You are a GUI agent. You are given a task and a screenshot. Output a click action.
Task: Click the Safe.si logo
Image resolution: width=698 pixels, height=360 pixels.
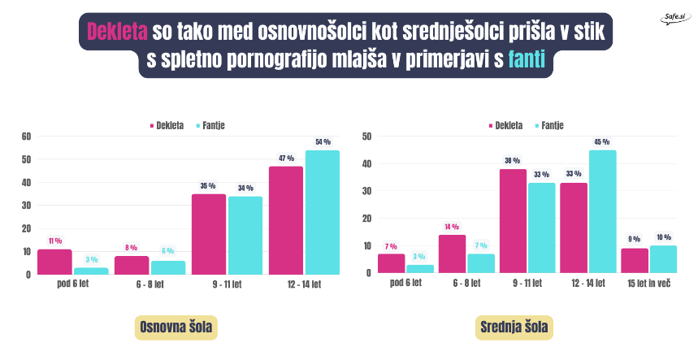click(675, 18)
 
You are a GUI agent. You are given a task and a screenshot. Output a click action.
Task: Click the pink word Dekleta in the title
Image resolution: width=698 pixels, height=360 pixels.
click(117, 32)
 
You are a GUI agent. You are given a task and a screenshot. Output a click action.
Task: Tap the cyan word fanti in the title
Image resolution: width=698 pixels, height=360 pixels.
click(527, 59)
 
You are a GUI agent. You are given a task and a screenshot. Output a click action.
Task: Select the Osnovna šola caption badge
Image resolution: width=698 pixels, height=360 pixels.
click(176, 327)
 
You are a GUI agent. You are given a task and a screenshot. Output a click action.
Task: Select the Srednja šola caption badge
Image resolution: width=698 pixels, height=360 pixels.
click(514, 327)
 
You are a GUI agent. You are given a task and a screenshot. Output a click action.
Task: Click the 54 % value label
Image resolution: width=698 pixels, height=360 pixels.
click(323, 142)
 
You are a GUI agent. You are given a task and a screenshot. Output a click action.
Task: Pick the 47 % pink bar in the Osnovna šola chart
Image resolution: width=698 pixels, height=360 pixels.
click(286, 221)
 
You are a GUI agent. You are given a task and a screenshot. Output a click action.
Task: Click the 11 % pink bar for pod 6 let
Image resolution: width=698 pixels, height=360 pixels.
click(54, 262)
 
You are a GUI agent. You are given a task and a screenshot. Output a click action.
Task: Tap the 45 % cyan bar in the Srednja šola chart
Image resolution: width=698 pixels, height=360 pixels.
click(603, 212)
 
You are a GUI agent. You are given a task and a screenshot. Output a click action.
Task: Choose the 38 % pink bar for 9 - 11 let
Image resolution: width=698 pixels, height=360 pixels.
click(513, 221)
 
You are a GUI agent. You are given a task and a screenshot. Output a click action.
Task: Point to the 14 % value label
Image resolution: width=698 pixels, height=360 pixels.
click(452, 227)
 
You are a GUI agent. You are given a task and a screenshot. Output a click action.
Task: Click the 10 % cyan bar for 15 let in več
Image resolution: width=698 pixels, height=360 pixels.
click(663, 259)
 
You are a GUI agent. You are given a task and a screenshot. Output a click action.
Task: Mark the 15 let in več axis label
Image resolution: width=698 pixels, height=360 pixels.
click(649, 283)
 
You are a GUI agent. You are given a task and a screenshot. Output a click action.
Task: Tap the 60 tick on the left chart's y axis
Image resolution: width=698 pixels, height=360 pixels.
click(26, 137)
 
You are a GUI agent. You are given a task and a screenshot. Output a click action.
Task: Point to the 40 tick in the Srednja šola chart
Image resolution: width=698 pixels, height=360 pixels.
click(366, 164)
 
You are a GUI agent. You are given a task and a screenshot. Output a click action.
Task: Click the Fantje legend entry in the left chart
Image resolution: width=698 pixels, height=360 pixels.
click(210, 125)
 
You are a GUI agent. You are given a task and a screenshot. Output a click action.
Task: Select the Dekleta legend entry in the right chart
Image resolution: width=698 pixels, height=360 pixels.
click(506, 125)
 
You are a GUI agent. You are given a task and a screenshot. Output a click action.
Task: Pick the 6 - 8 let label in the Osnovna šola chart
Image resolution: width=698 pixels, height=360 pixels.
click(150, 284)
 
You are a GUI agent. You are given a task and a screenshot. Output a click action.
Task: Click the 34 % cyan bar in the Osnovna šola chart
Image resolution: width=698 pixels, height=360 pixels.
click(245, 236)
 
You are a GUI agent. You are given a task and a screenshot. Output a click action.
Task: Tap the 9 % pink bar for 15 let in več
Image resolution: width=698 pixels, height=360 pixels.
click(635, 261)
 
